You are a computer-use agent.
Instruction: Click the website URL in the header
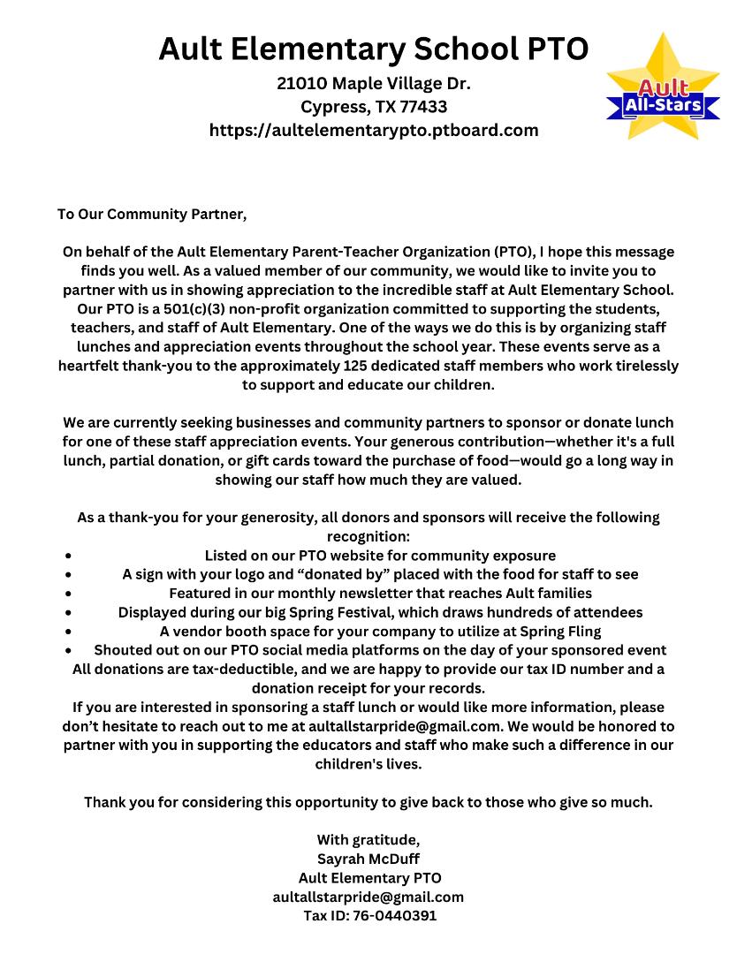tap(374, 130)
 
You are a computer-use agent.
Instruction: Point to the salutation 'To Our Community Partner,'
tap(152, 214)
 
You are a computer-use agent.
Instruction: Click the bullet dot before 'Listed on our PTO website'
tap(68, 556)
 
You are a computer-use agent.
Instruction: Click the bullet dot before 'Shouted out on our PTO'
tap(68, 651)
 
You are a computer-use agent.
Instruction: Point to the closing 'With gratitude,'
tap(368, 839)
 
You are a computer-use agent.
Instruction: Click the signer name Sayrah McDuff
tap(368, 859)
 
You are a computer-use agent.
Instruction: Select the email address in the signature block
tap(368, 897)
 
